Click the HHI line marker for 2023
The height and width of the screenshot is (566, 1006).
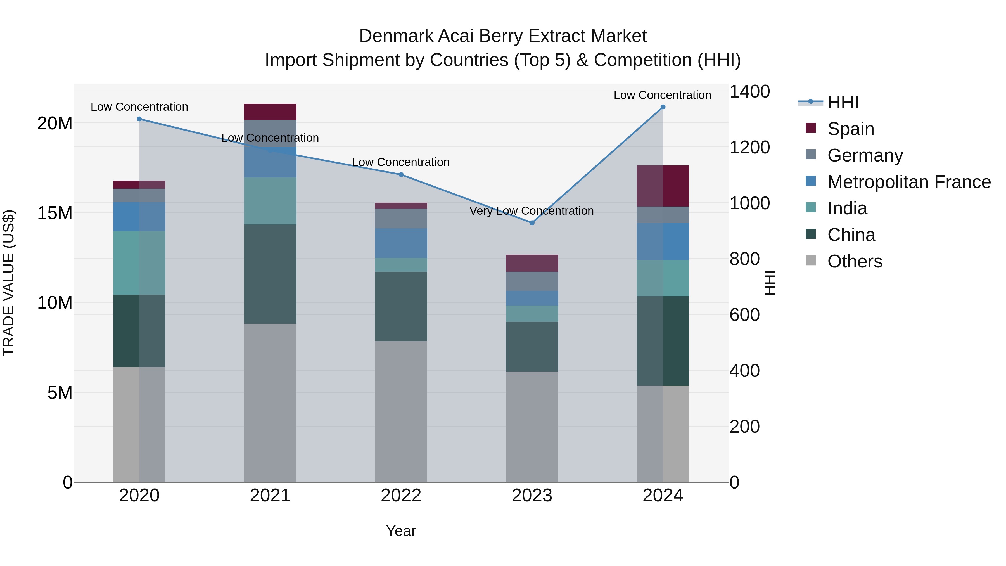pos(532,223)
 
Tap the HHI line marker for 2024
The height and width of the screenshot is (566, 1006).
pos(663,107)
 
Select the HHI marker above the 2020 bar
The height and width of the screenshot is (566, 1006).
pos(139,119)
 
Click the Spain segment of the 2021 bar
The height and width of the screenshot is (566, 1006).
pos(270,112)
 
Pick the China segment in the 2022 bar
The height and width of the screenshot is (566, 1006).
pos(401,306)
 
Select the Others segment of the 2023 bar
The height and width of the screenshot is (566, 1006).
pos(532,427)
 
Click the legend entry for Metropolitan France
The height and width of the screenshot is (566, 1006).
pos(908,182)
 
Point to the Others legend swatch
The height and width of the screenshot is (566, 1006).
pos(810,260)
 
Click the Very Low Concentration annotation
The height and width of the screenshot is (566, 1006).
pos(531,211)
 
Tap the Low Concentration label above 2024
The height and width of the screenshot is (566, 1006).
pos(662,95)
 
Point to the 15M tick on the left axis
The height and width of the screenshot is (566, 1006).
pos(55,213)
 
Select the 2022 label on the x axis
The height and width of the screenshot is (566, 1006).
pos(401,496)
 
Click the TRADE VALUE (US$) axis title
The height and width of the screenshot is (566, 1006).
pos(9,283)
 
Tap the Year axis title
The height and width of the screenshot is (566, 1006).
pos(401,531)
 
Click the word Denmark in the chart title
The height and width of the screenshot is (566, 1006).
pos(396,36)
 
